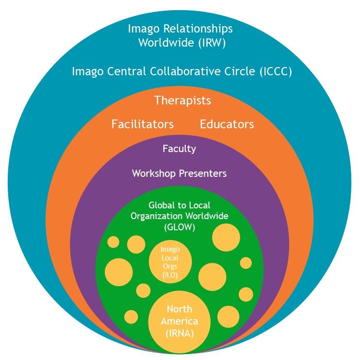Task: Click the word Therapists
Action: pyautogui.click(x=182, y=101)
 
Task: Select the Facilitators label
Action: pyautogui.click(x=142, y=124)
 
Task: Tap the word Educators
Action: pyautogui.click(x=227, y=124)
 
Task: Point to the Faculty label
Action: pyautogui.click(x=179, y=149)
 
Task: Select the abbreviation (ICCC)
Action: pyautogui.click(x=273, y=71)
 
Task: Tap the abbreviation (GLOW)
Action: pyautogui.click(x=179, y=227)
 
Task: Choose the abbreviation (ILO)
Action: pyautogui.click(x=170, y=275)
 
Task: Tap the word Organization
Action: pyautogui.click(x=156, y=216)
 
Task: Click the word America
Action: pyautogui.click(x=179, y=321)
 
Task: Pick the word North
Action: pyautogui.click(x=179, y=309)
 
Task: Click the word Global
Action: pyautogui.click(x=162, y=206)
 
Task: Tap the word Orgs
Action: pyautogui.click(x=170, y=266)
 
